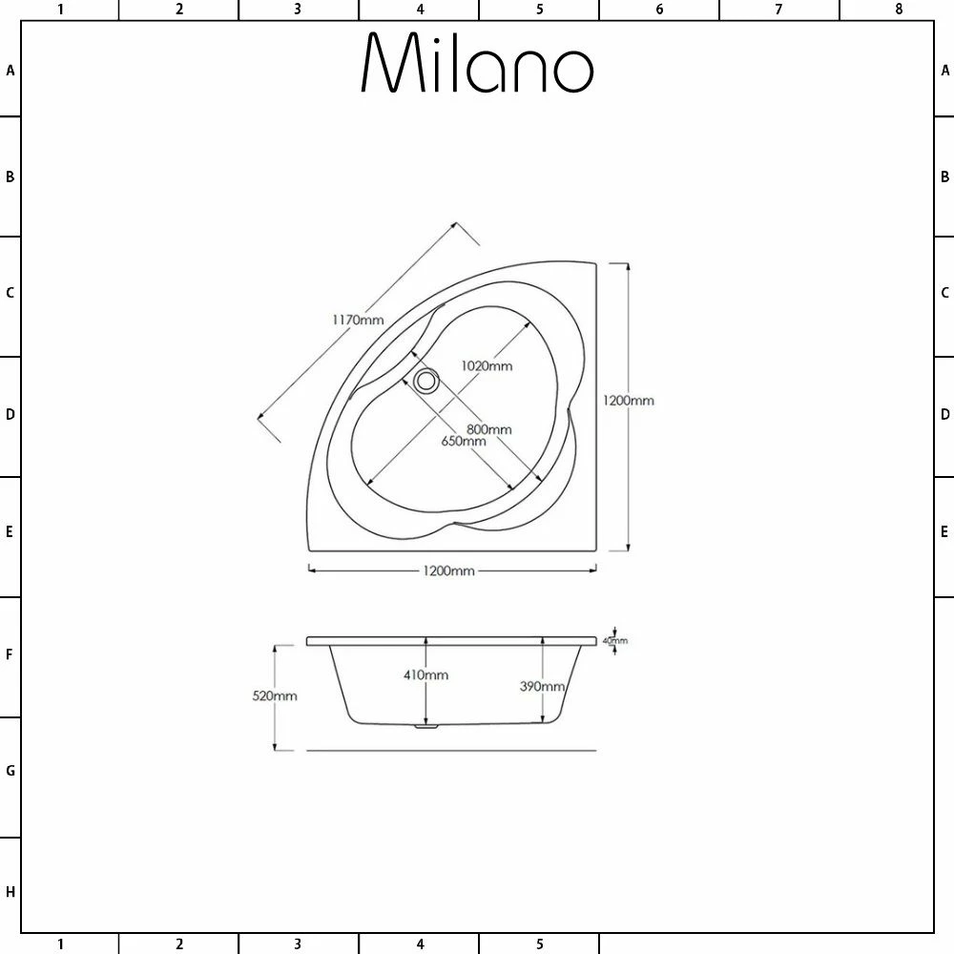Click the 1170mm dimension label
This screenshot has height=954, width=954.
358,320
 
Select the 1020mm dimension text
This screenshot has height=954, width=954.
487,365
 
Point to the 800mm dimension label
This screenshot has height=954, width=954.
489,429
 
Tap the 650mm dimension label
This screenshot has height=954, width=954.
464,442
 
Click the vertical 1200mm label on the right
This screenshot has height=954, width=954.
628,401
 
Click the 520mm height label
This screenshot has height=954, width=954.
275,696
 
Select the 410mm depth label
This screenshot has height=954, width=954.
425,675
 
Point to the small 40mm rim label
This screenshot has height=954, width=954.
615,640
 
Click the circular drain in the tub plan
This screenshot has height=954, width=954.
425,381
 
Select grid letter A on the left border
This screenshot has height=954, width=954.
10,70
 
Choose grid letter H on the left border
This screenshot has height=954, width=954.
10,893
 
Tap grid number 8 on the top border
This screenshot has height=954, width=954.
899,10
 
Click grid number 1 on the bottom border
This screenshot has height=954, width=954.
60,944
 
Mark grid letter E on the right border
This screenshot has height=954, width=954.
944,531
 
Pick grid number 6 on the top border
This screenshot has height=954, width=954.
659,10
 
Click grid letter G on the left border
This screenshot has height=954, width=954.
10,771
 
